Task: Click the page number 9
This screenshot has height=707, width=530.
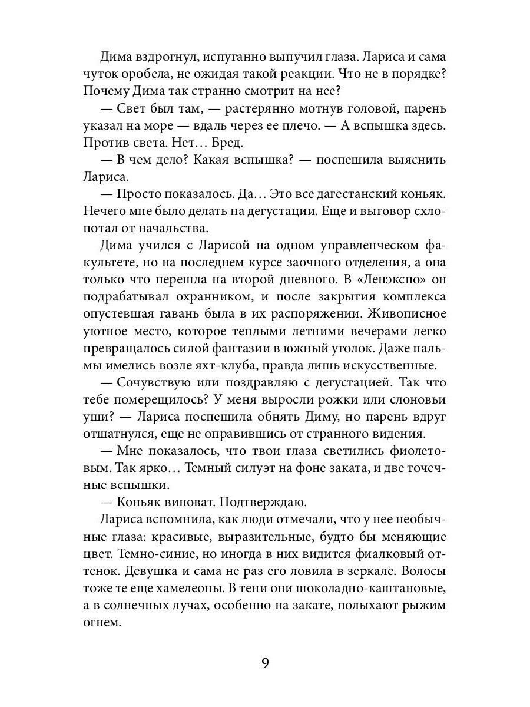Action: coord(265,663)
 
